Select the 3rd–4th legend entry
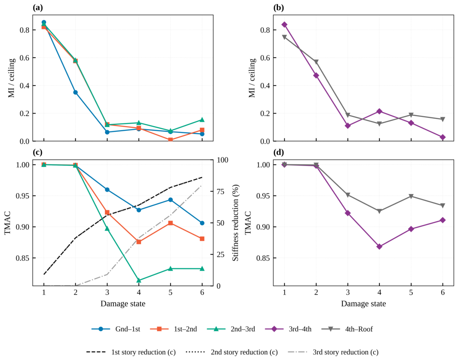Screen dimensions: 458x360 point(288,329)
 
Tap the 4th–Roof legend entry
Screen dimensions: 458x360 point(347,329)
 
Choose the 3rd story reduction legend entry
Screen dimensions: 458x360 point(333,352)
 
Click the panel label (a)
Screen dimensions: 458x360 point(38,8)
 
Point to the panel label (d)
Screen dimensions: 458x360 point(279,152)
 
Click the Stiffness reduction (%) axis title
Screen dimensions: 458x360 point(235,222)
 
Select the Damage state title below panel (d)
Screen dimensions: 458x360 point(363,304)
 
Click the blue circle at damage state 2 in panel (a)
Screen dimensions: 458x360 point(75,92)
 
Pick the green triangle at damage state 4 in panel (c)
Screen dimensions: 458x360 point(139,280)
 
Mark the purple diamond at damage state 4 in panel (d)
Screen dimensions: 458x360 point(379,247)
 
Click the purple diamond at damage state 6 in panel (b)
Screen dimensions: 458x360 point(443,137)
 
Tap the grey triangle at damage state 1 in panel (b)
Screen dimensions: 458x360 point(284,37)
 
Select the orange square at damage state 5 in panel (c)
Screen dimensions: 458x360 point(170,223)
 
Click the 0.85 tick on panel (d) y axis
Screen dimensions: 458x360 point(263,258)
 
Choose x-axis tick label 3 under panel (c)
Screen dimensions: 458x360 point(107,292)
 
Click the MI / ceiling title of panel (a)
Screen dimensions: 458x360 point(12,78)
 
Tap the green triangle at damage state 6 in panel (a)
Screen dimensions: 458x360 point(202,120)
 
